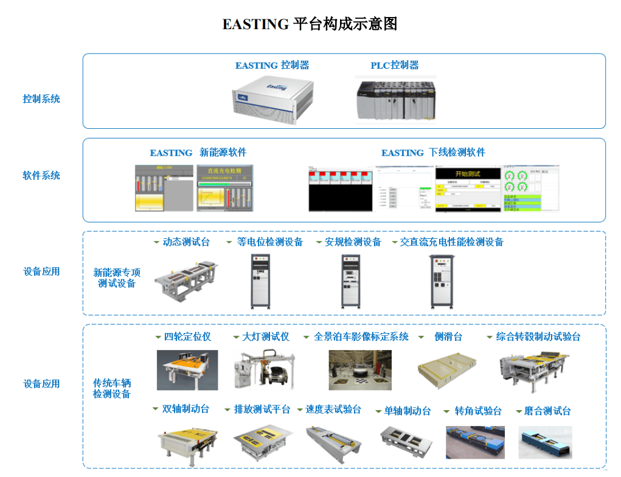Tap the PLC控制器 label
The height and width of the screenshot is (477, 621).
tap(395, 65)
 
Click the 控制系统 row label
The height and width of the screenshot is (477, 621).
tap(41, 98)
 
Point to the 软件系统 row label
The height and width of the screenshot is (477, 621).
tap(41, 176)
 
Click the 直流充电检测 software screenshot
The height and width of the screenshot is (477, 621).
tap(224, 188)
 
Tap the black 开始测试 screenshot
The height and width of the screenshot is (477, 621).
tap(467, 190)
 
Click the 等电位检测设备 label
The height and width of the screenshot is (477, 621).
tap(270, 242)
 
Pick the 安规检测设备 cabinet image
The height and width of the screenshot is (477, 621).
tap(352, 280)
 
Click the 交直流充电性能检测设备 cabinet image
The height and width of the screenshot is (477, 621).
tap(442, 280)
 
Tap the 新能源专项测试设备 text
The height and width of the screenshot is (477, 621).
tap(117, 278)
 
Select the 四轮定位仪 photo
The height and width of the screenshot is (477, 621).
tap(187, 369)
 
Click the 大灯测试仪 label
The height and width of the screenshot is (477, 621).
tap(266, 336)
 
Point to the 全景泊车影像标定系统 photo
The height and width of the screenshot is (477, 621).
tap(360, 369)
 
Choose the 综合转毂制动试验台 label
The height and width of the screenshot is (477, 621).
tap(538, 336)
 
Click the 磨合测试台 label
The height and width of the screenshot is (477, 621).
tap(547, 411)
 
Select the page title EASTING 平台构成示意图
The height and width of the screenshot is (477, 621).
tap(310, 24)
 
